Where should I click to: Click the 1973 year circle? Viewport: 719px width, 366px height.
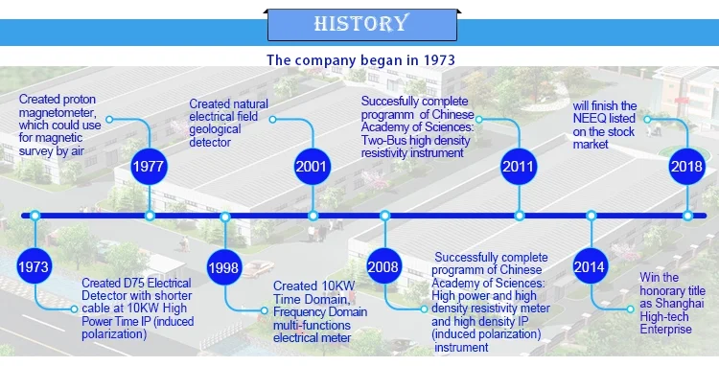click(35, 265)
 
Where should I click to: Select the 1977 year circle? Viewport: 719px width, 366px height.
click(150, 165)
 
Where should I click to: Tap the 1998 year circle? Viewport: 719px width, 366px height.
click(223, 267)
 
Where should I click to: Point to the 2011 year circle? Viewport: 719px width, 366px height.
click(519, 165)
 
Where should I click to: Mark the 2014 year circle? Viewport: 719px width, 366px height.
click(589, 265)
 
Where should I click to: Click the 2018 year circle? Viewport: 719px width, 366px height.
click(686, 165)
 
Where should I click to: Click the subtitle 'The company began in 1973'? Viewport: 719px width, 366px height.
click(359, 59)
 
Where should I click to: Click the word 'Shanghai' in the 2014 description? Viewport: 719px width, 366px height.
click(664, 304)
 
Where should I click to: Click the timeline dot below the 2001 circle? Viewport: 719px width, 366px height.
click(313, 216)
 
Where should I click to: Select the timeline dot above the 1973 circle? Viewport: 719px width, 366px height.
click(35, 216)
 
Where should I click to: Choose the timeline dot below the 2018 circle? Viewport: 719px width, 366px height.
click(686, 216)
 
